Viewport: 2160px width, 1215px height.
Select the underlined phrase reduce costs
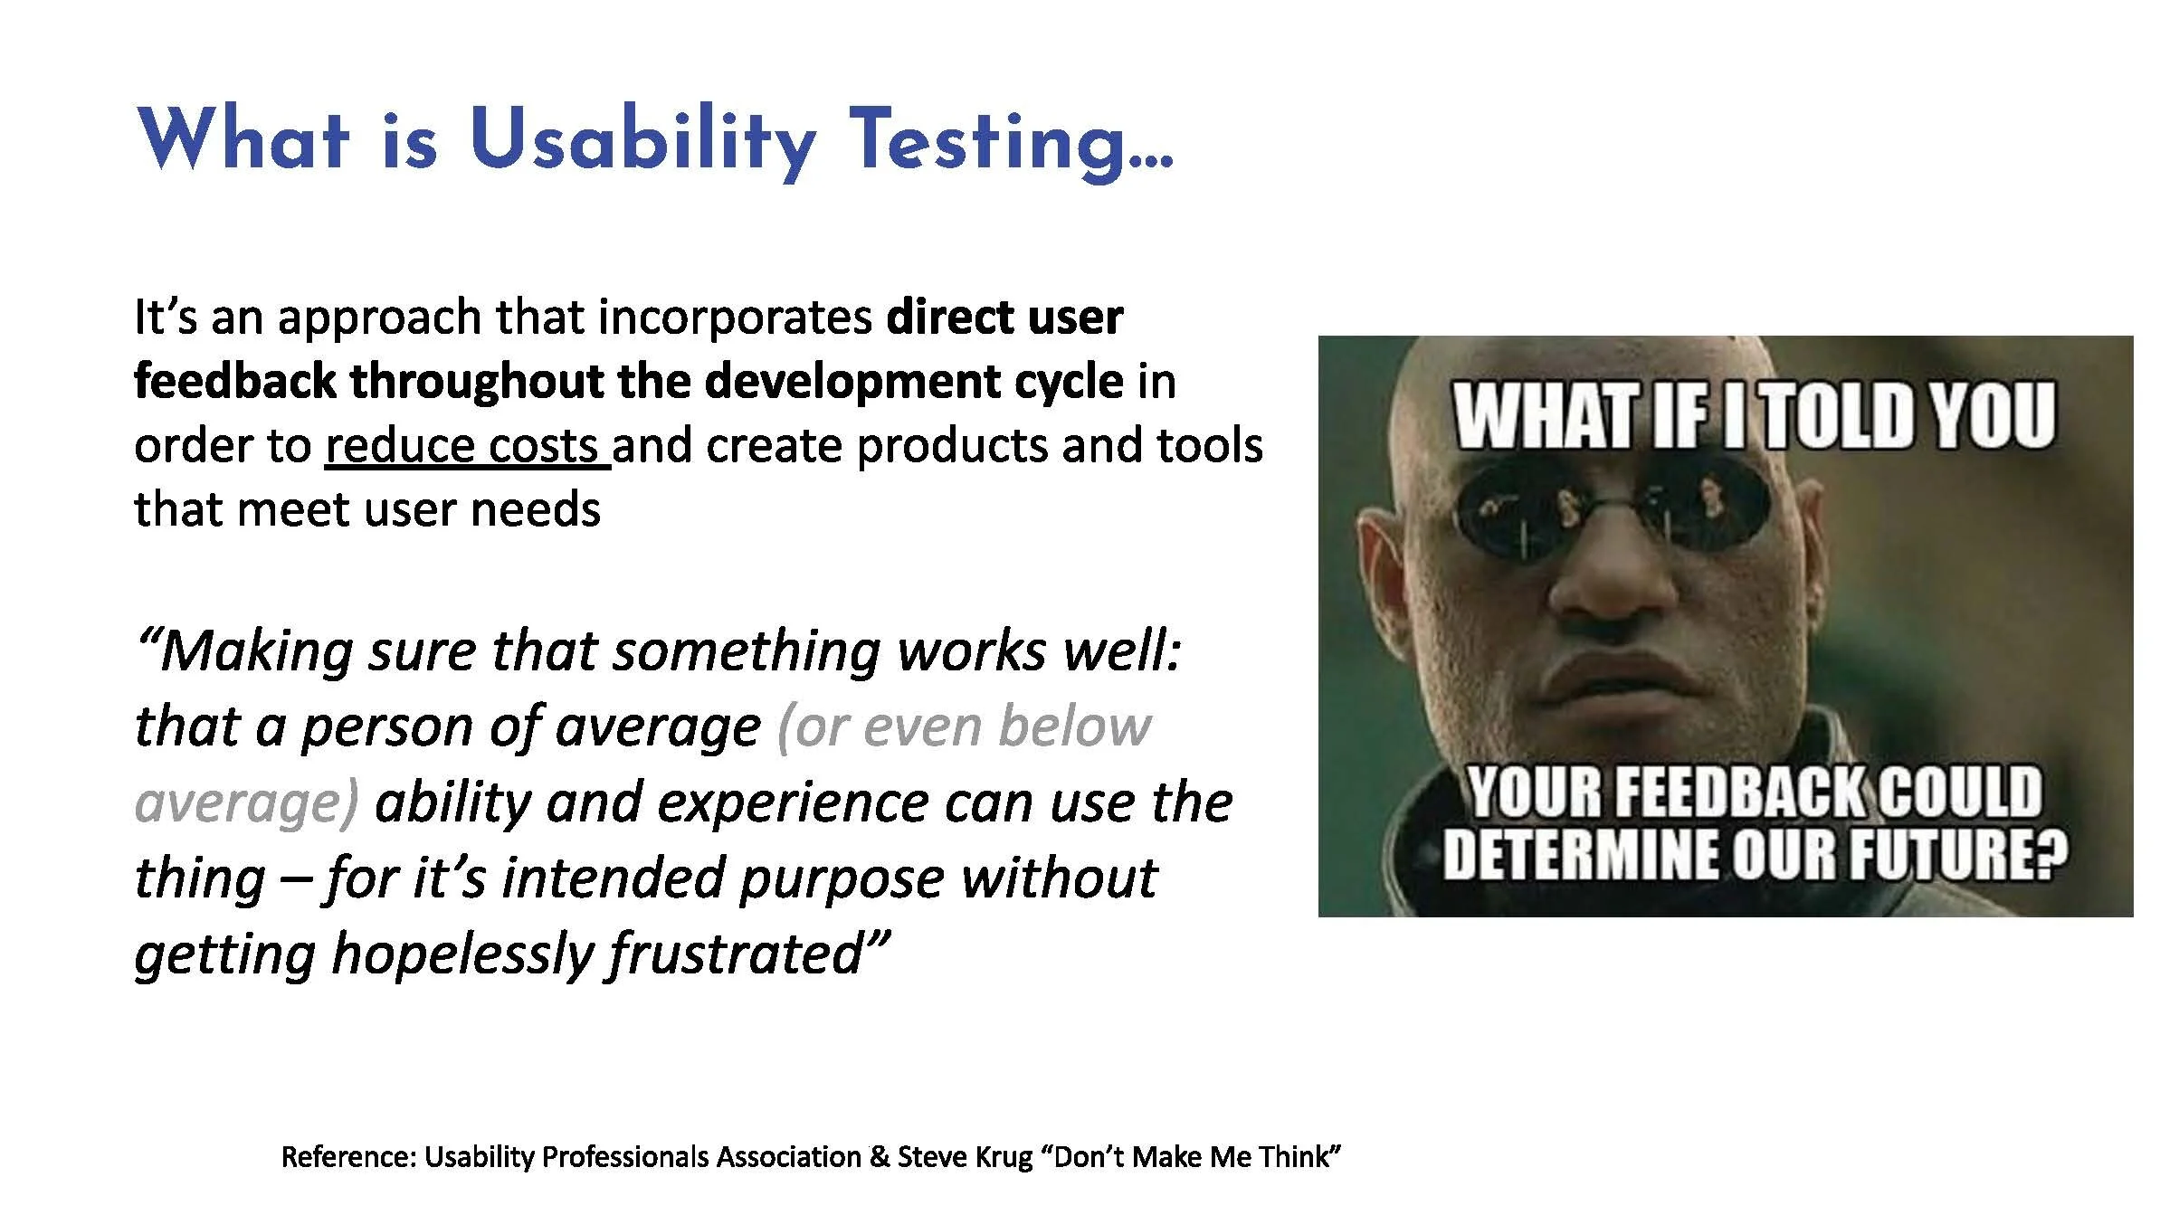[466, 446]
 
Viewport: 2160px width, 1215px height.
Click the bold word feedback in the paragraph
[233, 381]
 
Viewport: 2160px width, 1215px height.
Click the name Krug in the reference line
[1005, 1156]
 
